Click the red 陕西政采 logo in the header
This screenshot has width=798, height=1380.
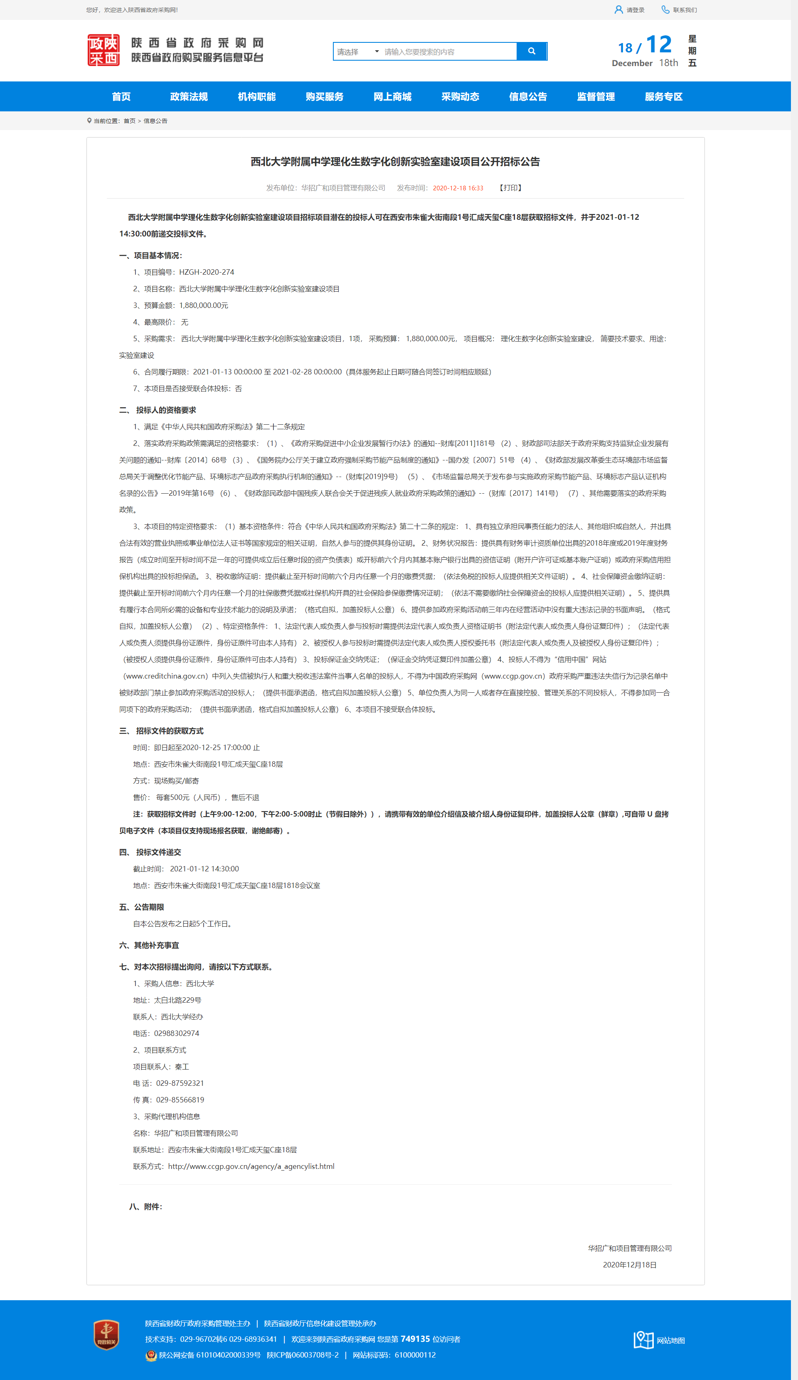tap(103, 50)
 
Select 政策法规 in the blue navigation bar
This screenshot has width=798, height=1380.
tap(189, 97)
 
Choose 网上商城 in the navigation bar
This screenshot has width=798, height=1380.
tap(392, 97)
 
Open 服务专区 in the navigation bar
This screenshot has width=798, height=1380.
tap(663, 97)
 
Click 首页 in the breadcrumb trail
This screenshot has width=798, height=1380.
tap(129, 121)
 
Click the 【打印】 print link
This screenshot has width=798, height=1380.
tap(510, 188)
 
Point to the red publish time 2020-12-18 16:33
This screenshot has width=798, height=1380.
tap(458, 188)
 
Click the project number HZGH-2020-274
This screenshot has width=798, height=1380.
tap(207, 272)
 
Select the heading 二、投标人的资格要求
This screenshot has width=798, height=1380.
tap(158, 410)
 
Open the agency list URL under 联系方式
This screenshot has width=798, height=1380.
tap(251, 1166)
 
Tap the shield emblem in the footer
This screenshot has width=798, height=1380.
tap(106, 1335)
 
